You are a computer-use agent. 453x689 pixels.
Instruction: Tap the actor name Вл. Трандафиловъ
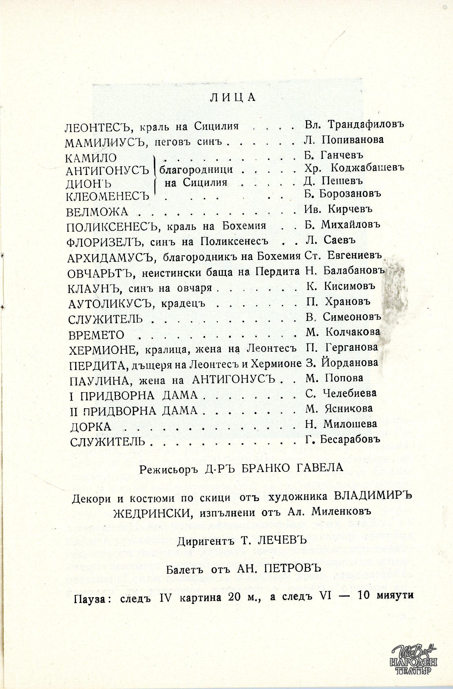point(354,124)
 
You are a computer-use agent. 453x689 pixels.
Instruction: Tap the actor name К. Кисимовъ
point(340,286)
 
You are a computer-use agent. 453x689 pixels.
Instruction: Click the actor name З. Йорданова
point(341,363)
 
